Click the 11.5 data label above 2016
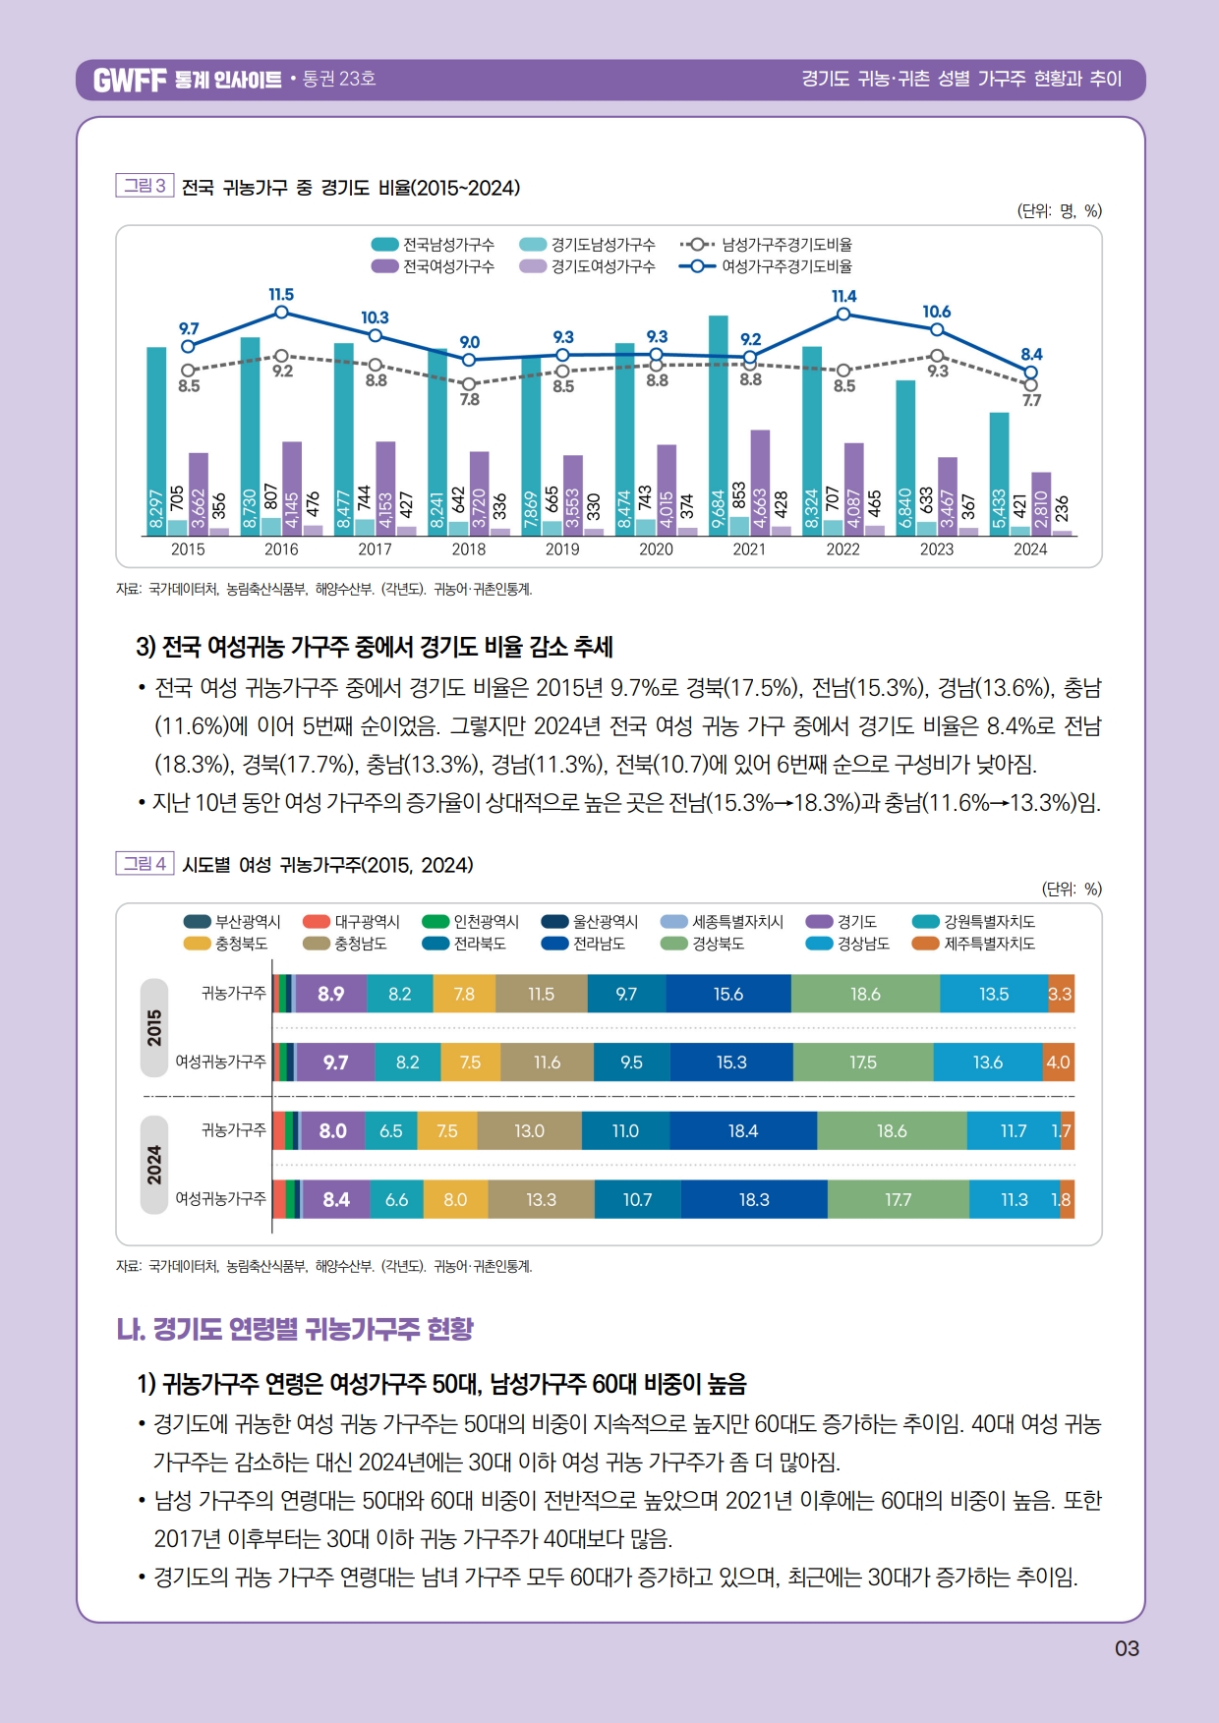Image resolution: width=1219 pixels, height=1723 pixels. (x=281, y=295)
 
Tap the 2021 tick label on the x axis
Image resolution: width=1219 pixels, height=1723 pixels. (x=749, y=549)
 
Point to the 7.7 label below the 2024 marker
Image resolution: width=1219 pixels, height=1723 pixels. (x=1031, y=400)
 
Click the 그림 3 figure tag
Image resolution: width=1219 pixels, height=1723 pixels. (x=145, y=186)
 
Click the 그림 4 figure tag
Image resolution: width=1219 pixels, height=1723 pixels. (x=145, y=864)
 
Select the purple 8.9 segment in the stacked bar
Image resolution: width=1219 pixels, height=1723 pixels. (x=331, y=994)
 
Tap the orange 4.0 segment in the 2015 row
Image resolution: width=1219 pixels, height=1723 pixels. (x=1058, y=1063)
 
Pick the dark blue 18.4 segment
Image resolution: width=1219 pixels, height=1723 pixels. (x=743, y=1131)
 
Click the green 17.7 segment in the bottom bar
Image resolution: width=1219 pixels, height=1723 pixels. (x=898, y=1200)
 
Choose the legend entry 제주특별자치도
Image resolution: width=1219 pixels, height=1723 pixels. (x=989, y=944)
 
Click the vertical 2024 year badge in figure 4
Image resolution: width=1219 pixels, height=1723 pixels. (x=154, y=1165)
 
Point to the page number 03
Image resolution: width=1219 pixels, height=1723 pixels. (x=1127, y=1648)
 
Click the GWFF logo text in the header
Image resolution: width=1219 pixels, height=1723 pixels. (x=130, y=80)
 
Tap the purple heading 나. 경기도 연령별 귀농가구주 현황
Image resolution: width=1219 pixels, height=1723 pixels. (x=295, y=1329)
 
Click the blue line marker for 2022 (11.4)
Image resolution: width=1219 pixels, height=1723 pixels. (x=843, y=315)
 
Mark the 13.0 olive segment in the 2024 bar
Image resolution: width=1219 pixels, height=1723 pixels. (x=529, y=1131)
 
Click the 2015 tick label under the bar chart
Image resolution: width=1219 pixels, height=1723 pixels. (x=188, y=549)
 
